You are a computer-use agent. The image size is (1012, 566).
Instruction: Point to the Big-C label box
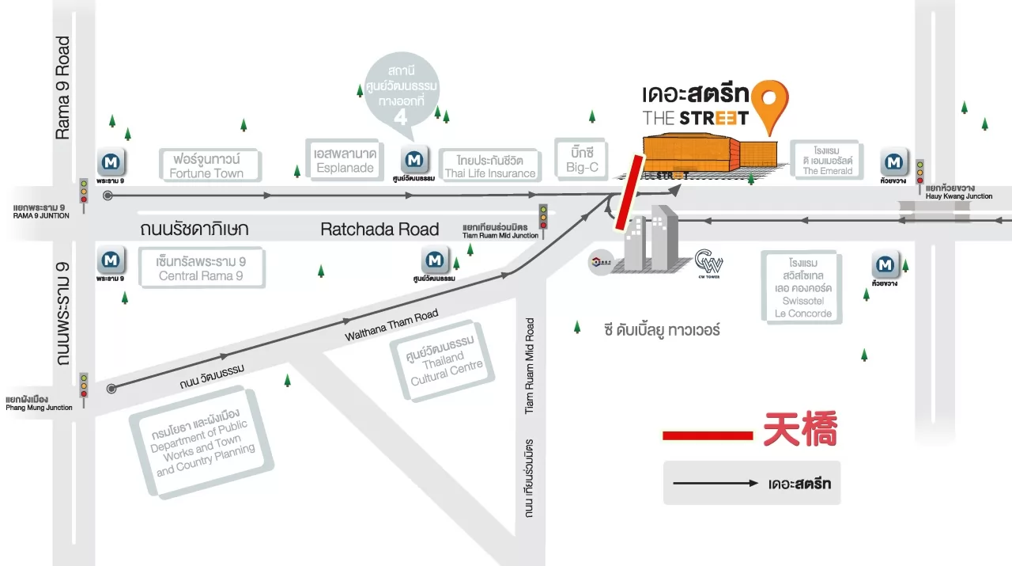[582, 159]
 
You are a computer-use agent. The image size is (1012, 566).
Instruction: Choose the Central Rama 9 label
[201, 268]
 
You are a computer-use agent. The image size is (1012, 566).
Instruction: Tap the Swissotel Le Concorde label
[800, 287]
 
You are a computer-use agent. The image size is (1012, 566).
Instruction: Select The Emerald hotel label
[827, 161]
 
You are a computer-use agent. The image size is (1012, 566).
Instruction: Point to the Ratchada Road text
[379, 230]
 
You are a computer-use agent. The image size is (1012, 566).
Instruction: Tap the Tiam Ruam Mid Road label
[531, 366]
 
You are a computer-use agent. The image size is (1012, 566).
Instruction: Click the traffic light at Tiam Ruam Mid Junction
[543, 216]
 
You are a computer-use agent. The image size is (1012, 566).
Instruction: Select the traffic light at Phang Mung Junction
[83, 385]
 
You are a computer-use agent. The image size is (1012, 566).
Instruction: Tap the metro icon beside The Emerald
[894, 162]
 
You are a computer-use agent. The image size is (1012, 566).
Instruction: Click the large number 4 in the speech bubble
[401, 117]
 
